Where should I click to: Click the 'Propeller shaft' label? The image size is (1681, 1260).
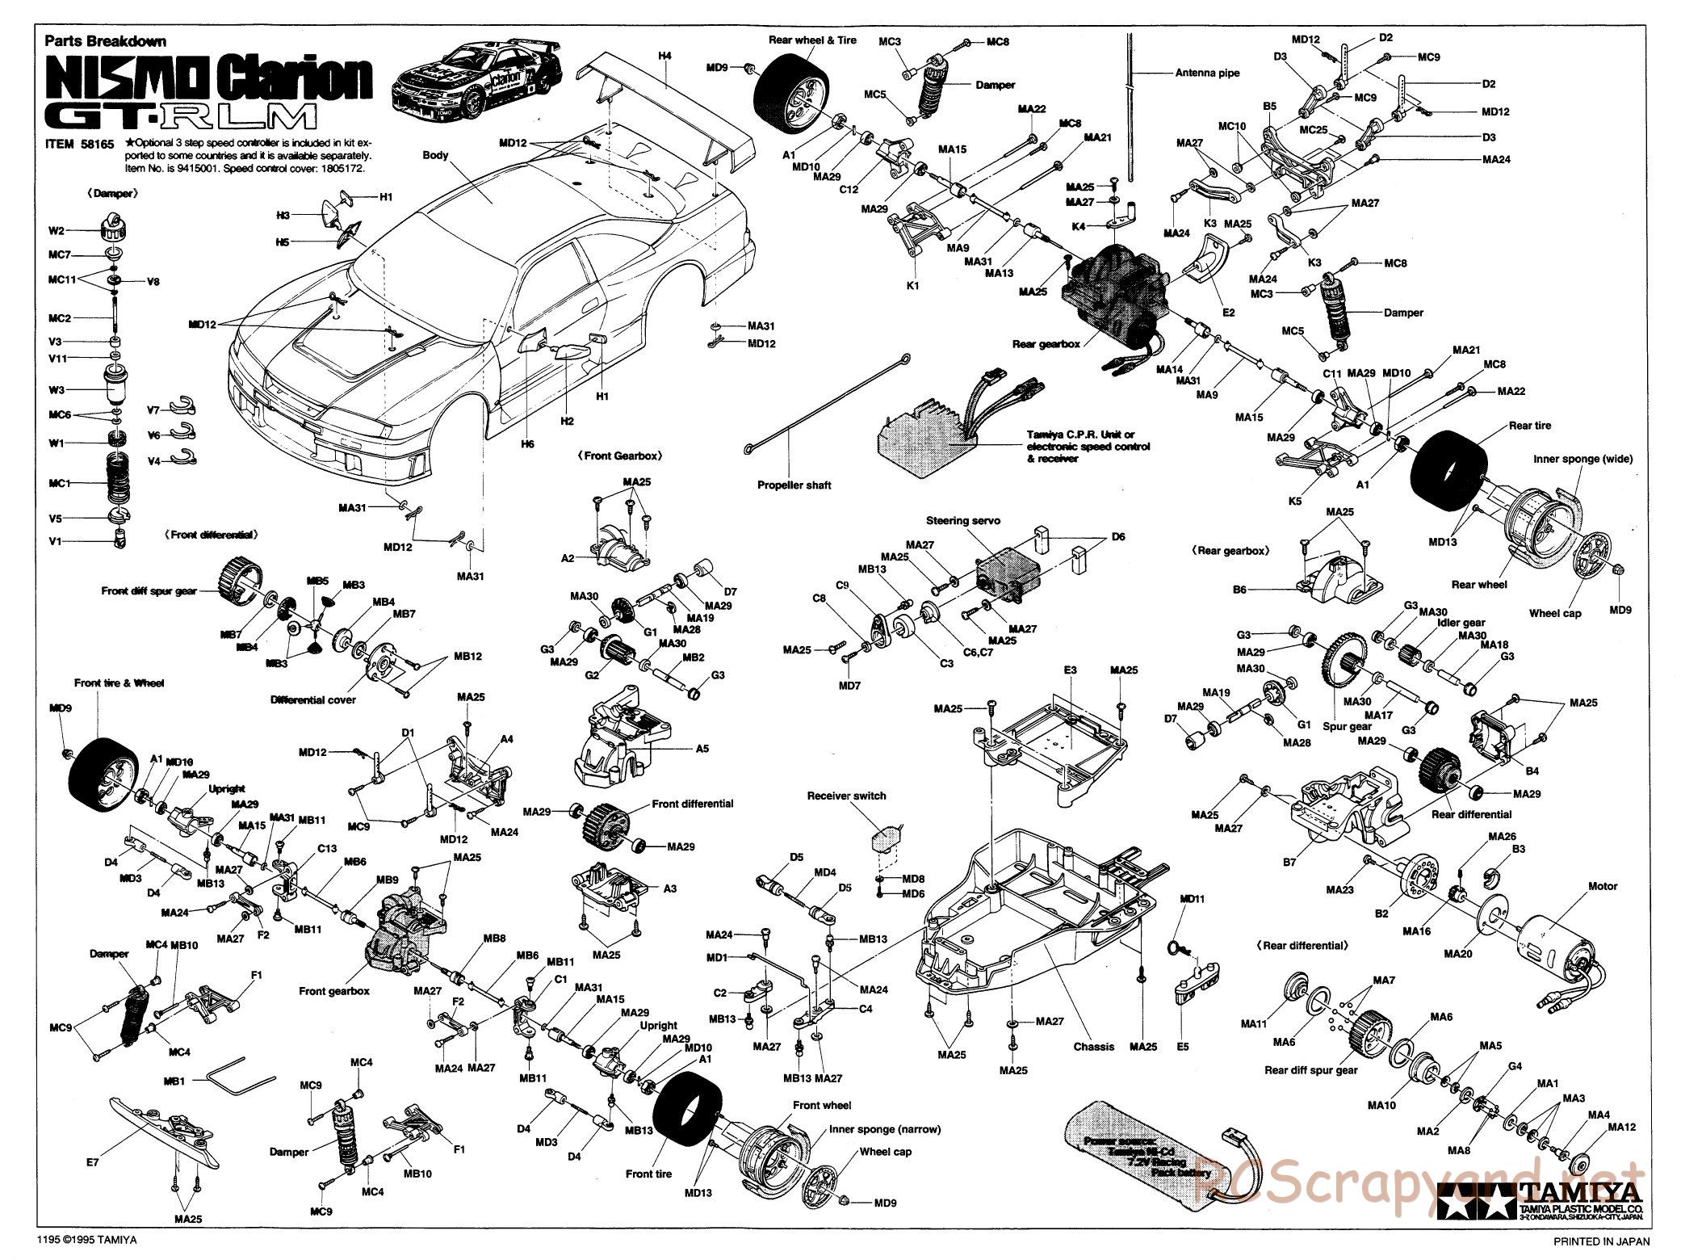point(794,485)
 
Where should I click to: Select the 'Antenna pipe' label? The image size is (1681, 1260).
point(1207,73)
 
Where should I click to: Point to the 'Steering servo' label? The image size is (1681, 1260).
point(962,521)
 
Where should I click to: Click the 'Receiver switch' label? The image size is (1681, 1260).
point(846,796)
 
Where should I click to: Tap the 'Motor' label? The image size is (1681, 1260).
point(1603,886)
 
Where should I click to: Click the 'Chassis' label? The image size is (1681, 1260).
point(1093,1047)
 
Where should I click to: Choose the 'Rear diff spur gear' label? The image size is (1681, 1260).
point(1310,1070)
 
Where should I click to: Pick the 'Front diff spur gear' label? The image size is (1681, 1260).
point(149,591)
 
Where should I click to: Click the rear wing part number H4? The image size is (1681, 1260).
point(664,56)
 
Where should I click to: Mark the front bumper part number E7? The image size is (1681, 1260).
point(93,1163)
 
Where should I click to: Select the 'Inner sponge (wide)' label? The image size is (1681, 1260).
point(1582,459)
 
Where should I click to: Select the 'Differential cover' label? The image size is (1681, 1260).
point(313,699)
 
